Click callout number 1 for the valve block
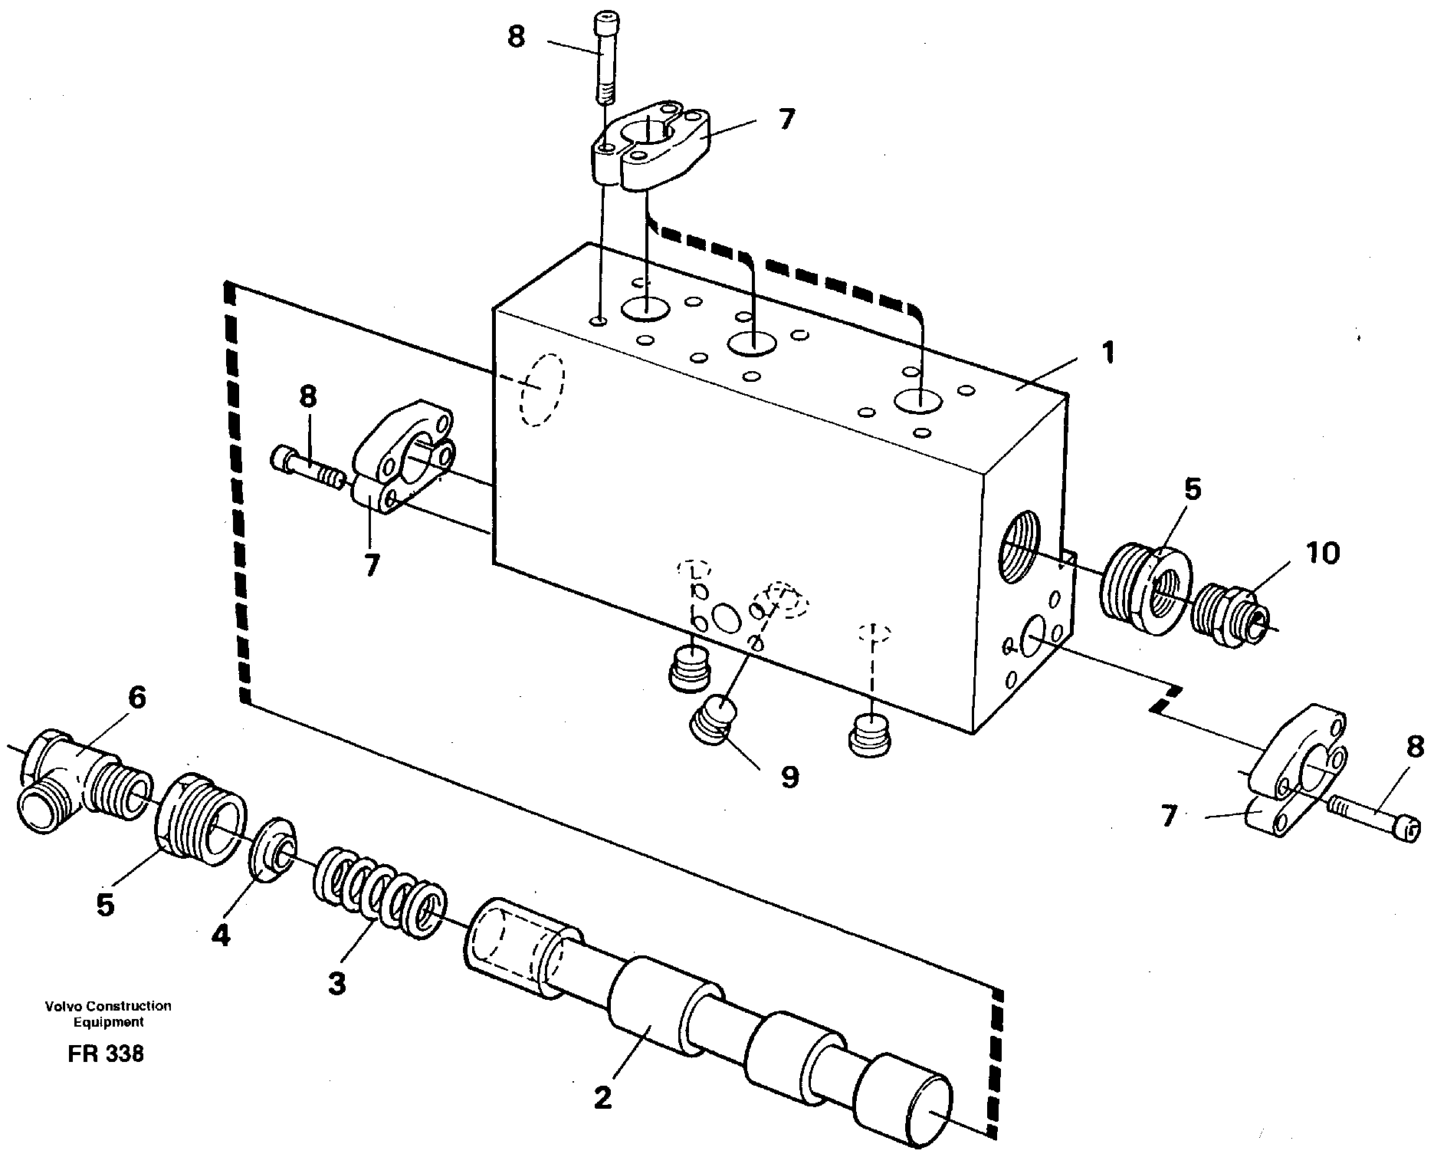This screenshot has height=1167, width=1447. coord(1106,353)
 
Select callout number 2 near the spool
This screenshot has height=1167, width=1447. coord(602,1099)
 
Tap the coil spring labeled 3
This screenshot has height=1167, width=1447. coord(378,890)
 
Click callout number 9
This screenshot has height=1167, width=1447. coord(789,777)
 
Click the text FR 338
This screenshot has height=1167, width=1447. coord(105,1054)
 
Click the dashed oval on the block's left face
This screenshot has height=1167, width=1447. coord(541,390)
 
